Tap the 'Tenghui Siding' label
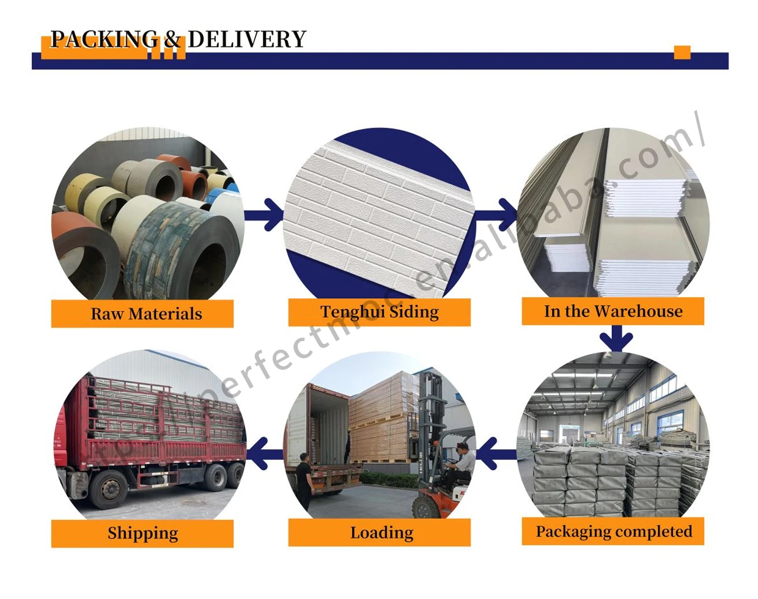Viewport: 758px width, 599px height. (x=380, y=312)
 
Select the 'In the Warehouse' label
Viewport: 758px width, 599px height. (x=613, y=311)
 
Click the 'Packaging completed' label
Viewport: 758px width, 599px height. (x=613, y=531)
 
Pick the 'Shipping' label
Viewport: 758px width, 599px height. (x=142, y=533)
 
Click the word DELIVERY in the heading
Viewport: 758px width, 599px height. (x=246, y=39)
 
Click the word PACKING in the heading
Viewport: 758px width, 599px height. (x=103, y=39)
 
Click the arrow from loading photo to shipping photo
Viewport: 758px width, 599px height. (x=264, y=454)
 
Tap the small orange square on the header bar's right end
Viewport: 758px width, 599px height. (x=682, y=53)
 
